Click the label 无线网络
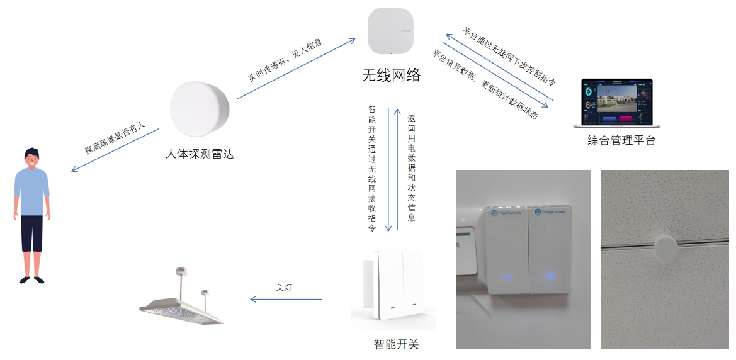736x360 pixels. point(391,76)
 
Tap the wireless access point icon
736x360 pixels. point(390,31)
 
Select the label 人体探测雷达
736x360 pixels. point(199,153)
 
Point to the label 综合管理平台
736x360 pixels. point(621,140)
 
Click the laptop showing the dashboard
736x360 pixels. point(616,103)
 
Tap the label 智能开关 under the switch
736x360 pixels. point(396,344)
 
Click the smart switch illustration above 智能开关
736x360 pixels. point(394,289)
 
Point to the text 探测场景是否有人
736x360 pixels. point(115,140)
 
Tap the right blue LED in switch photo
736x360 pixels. point(550,275)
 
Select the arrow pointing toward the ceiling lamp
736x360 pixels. point(286,299)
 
